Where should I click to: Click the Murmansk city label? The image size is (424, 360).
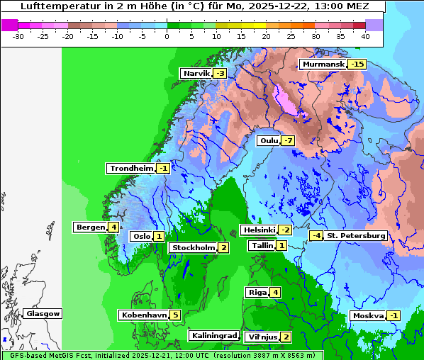(323, 64)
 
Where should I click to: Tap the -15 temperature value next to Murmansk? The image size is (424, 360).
(357, 64)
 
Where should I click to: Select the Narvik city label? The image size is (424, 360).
(196, 74)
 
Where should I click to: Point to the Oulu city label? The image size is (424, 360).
(268, 140)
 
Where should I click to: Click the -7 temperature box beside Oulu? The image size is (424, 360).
(287, 140)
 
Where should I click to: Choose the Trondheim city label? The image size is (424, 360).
(131, 169)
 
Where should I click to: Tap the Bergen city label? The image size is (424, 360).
(91, 227)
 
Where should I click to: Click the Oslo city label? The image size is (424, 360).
(141, 237)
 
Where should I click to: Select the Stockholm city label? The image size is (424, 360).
(192, 248)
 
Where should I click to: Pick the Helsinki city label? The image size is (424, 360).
(258, 230)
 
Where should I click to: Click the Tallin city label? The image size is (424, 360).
(261, 246)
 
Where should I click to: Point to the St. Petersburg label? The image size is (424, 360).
(356, 235)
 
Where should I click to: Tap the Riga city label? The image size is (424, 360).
(257, 293)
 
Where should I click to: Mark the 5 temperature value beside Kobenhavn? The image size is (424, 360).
(175, 315)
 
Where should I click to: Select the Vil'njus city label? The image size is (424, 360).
(262, 337)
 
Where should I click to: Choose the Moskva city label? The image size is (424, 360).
(368, 316)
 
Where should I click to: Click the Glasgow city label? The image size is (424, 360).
(43, 314)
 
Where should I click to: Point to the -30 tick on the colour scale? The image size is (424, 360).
(19, 36)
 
